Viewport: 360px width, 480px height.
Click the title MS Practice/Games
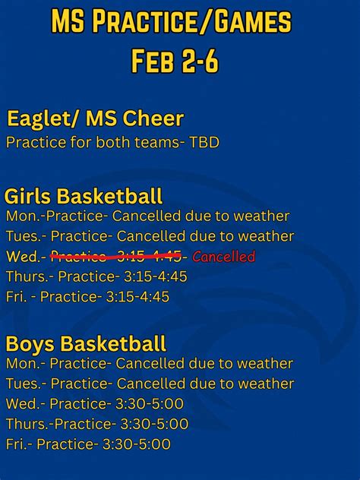171,23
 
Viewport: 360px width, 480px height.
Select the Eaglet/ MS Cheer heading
95,118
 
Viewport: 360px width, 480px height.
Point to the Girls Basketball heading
84,197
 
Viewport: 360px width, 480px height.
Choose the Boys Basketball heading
85,344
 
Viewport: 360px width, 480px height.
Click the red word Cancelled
224,257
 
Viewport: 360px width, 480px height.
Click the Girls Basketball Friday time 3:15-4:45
137,297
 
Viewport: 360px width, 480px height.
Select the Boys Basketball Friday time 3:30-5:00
137,444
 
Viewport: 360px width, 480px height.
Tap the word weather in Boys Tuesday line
265,384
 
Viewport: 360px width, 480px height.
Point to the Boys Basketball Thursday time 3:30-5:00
155,424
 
